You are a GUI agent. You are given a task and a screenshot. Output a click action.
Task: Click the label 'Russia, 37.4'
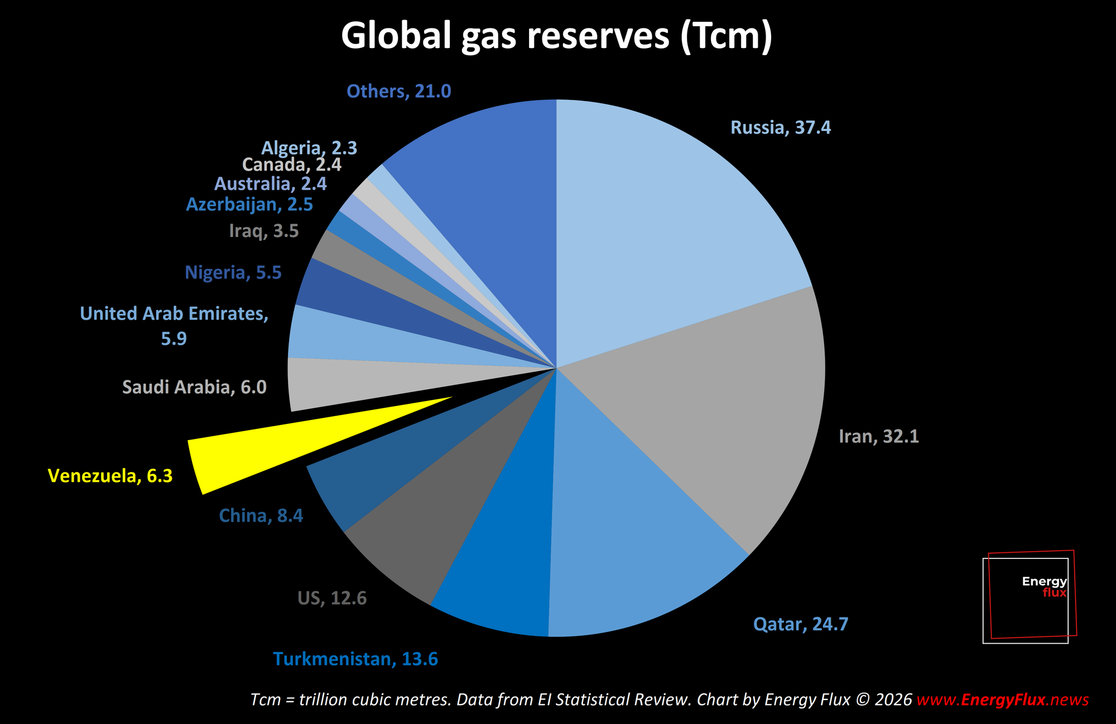[x=780, y=128]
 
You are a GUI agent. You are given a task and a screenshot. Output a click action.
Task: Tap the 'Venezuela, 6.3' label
[x=110, y=476]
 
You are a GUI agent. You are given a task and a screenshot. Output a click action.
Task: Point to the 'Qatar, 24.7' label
[x=800, y=624]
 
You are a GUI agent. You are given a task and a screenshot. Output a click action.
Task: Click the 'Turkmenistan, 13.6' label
[x=355, y=659]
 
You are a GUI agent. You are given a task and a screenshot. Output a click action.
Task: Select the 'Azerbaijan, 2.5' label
[x=249, y=205]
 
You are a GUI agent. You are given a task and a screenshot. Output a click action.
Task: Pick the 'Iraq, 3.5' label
[x=264, y=231]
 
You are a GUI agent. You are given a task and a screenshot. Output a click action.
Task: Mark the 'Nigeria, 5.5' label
[x=233, y=273]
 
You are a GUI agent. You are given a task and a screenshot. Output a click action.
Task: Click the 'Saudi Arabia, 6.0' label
[x=194, y=387]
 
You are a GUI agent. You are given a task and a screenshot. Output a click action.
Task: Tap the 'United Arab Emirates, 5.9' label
[x=174, y=326]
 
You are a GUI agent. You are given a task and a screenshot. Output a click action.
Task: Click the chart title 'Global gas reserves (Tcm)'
[x=557, y=36]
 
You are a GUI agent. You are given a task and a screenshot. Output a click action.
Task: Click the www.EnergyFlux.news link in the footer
[x=1002, y=699]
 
